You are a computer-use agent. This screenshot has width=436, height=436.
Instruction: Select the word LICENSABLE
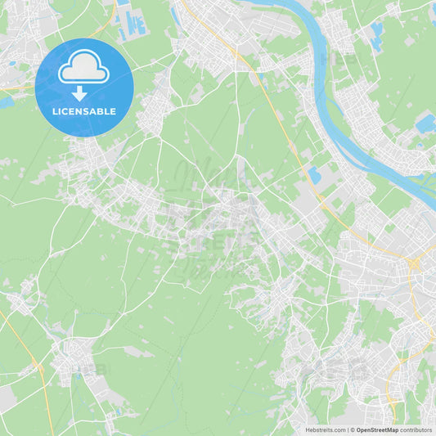point(85,110)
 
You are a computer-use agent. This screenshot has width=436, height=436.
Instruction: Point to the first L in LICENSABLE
point(54,110)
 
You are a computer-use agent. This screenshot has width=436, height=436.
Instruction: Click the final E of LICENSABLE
point(115,110)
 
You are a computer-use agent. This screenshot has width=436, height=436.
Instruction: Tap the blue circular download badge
point(84,87)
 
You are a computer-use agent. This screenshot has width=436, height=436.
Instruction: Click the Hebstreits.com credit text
point(324,429)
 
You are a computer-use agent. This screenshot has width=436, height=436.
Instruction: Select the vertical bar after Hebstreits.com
point(348,429)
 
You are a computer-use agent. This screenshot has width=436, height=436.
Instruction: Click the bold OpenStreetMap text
point(377,429)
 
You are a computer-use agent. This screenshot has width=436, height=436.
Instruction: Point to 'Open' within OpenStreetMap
point(363,429)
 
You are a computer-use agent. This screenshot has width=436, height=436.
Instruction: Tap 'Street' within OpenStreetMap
point(377,429)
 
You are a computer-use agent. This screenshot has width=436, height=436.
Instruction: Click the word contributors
point(416,429)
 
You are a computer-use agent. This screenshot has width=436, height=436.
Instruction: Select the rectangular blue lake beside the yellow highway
point(314,174)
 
